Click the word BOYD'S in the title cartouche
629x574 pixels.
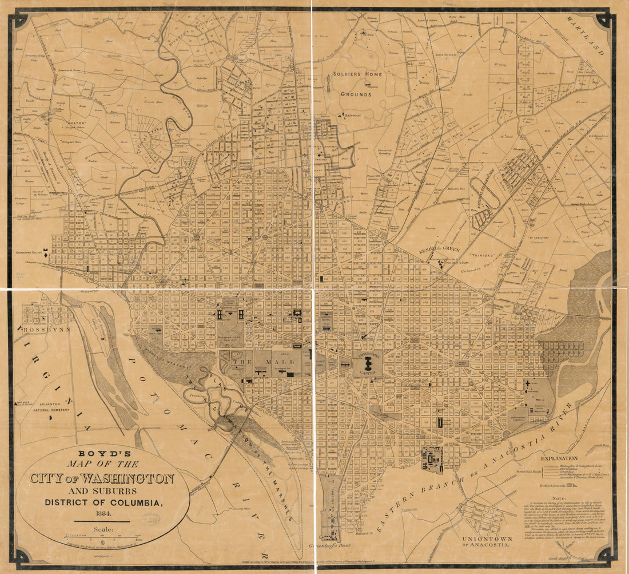[x=103, y=452]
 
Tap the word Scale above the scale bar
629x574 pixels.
[x=103, y=529]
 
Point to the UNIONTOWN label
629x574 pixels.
[x=484, y=539]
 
